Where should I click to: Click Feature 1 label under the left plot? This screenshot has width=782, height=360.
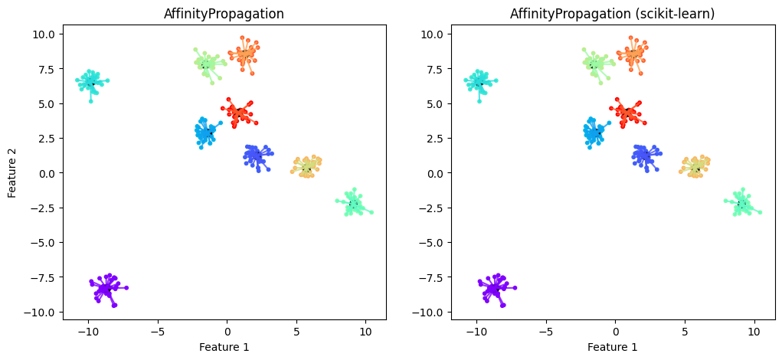pyautogui.click(x=224, y=347)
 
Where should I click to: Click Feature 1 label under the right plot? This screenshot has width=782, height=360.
pyautogui.click(x=612, y=347)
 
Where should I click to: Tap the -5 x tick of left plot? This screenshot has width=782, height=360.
pyautogui.click(x=158, y=332)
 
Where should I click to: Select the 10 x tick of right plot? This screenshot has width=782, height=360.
pyautogui.click(x=754, y=332)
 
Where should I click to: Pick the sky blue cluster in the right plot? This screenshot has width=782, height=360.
pyautogui.click(x=594, y=133)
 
